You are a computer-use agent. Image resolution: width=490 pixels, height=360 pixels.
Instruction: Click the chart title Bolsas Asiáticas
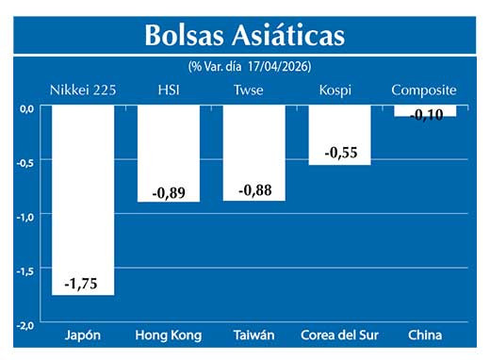click(x=244, y=35)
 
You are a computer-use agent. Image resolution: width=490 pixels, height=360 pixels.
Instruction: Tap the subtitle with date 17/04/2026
click(x=249, y=67)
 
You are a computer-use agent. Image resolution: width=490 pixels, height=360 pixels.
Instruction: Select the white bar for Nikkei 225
click(x=83, y=188)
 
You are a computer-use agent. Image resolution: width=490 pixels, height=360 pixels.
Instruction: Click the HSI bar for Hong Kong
click(x=168, y=146)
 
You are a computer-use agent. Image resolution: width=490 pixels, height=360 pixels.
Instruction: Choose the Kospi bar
click(x=339, y=127)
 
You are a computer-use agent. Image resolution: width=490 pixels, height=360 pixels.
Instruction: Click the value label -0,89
click(x=168, y=193)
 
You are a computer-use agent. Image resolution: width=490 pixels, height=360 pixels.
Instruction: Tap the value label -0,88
click(x=253, y=190)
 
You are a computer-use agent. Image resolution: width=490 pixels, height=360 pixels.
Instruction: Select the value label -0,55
click(x=339, y=152)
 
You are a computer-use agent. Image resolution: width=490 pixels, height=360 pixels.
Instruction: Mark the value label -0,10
click(x=424, y=114)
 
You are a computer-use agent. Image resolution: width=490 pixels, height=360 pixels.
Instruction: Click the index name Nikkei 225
click(x=83, y=90)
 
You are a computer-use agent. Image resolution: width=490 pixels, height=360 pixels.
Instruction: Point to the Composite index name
click(x=424, y=90)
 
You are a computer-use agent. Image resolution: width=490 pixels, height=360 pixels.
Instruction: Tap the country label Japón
click(x=83, y=335)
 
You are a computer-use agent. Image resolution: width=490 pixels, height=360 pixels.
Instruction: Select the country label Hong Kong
click(x=168, y=335)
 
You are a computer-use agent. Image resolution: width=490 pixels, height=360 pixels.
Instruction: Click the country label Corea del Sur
click(x=339, y=335)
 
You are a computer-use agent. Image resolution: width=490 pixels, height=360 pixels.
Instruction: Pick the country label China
click(x=424, y=335)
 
